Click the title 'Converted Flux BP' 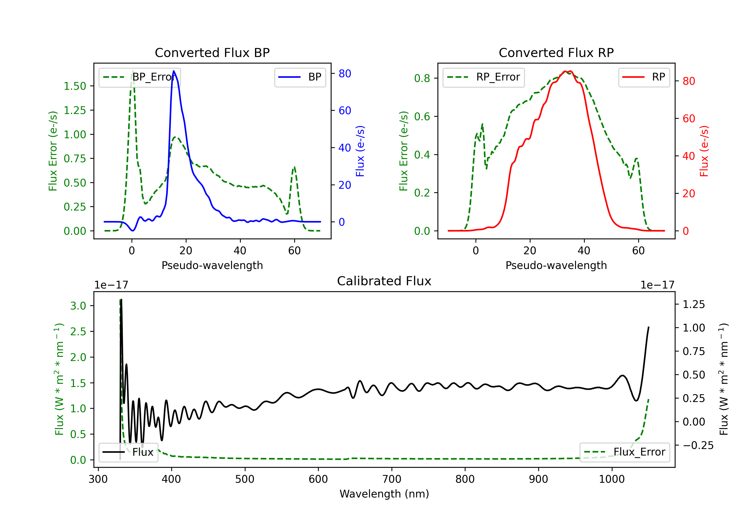[x=212, y=52]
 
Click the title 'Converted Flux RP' [x=556, y=52]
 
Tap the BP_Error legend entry [x=140, y=77]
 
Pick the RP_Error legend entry [x=483, y=77]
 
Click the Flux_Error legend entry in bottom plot [x=624, y=452]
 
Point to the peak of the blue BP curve [x=174, y=71]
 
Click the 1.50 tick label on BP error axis [x=75, y=86]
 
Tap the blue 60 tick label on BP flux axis [x=344, y=111]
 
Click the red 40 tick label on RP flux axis [x=688, y=156]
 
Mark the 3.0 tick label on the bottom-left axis [x=78, y=306]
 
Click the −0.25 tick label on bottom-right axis [x=698, y=445]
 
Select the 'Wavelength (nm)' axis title [x=384, y=494]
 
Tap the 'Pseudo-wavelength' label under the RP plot [x=556, y=265]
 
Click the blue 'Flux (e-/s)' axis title [x=360, y=151]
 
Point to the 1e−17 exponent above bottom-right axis [x=657, y=285]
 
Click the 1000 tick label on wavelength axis [x=611, y=479]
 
